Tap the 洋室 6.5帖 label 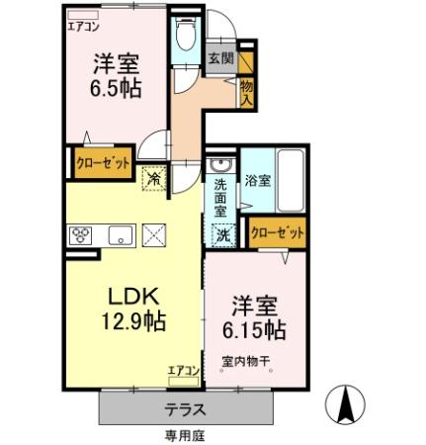tap(117, 75)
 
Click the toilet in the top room tap(183, 40)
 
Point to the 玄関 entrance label tap(221, 59)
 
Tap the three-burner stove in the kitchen tap(81, 235)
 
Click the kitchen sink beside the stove tap(120, 235)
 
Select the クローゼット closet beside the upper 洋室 tap(105, 164)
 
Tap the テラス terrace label tap(185, 408)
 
